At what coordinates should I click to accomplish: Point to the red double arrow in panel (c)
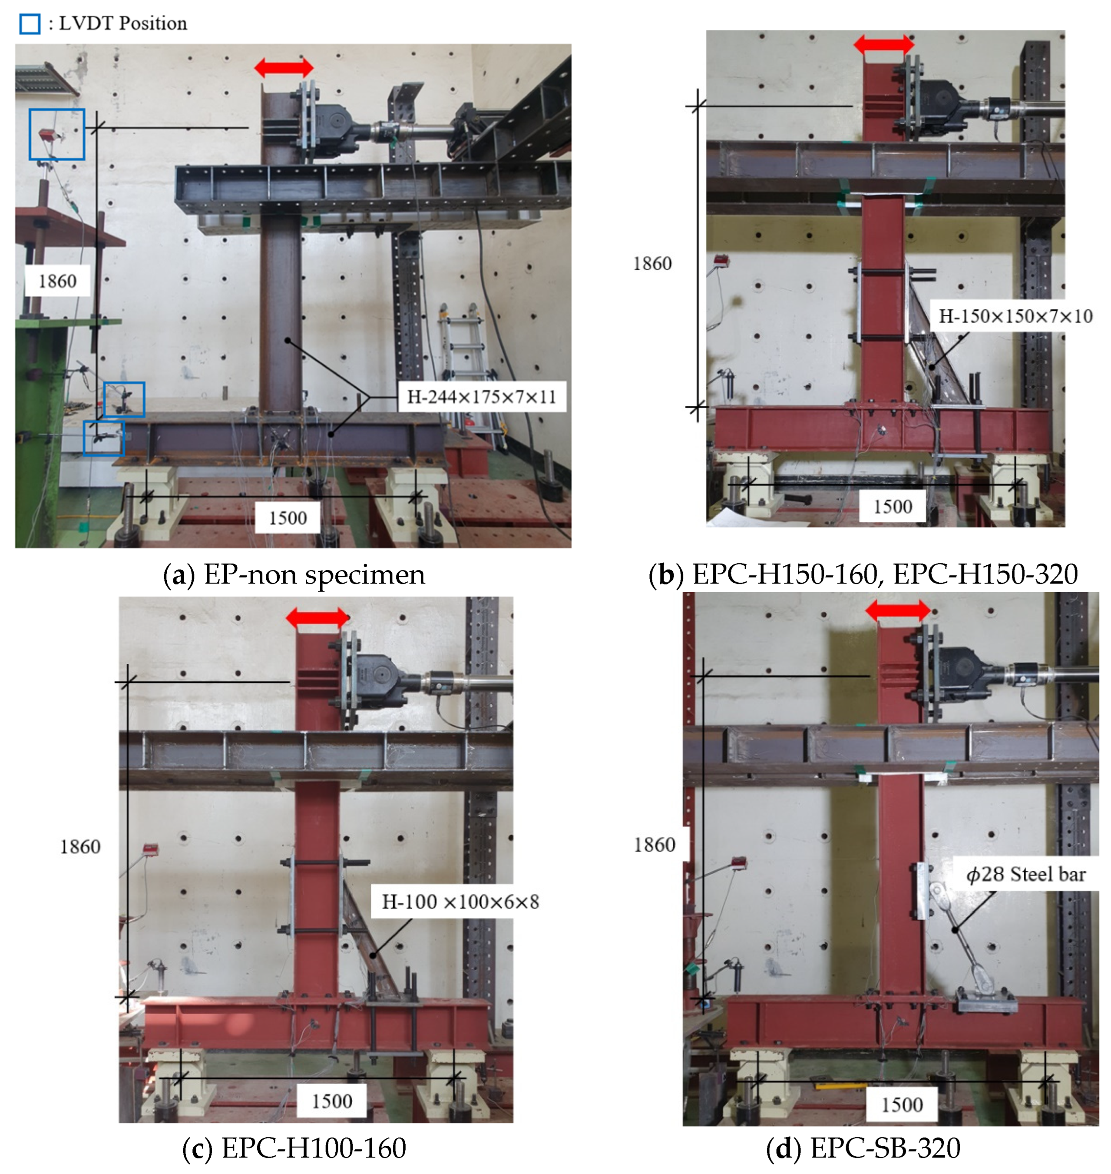point(317,618)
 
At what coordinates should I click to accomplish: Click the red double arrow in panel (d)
point(898,610)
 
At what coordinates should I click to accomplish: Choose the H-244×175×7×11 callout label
point(482,396)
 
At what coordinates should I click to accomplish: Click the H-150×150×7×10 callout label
point(1015,316)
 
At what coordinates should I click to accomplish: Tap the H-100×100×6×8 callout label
point(460,902)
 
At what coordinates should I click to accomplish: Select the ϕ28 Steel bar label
point(1026,874)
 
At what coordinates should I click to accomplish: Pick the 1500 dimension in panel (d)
point(902,1104)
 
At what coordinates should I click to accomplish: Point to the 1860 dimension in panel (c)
point(80,846)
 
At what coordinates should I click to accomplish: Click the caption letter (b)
point(666,574)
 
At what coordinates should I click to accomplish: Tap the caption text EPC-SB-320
point(885,1147)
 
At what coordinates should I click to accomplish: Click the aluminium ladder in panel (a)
point(471,370)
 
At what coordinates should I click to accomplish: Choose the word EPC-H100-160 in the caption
point(314,1147)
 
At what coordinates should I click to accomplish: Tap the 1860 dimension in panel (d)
point(655,844)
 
